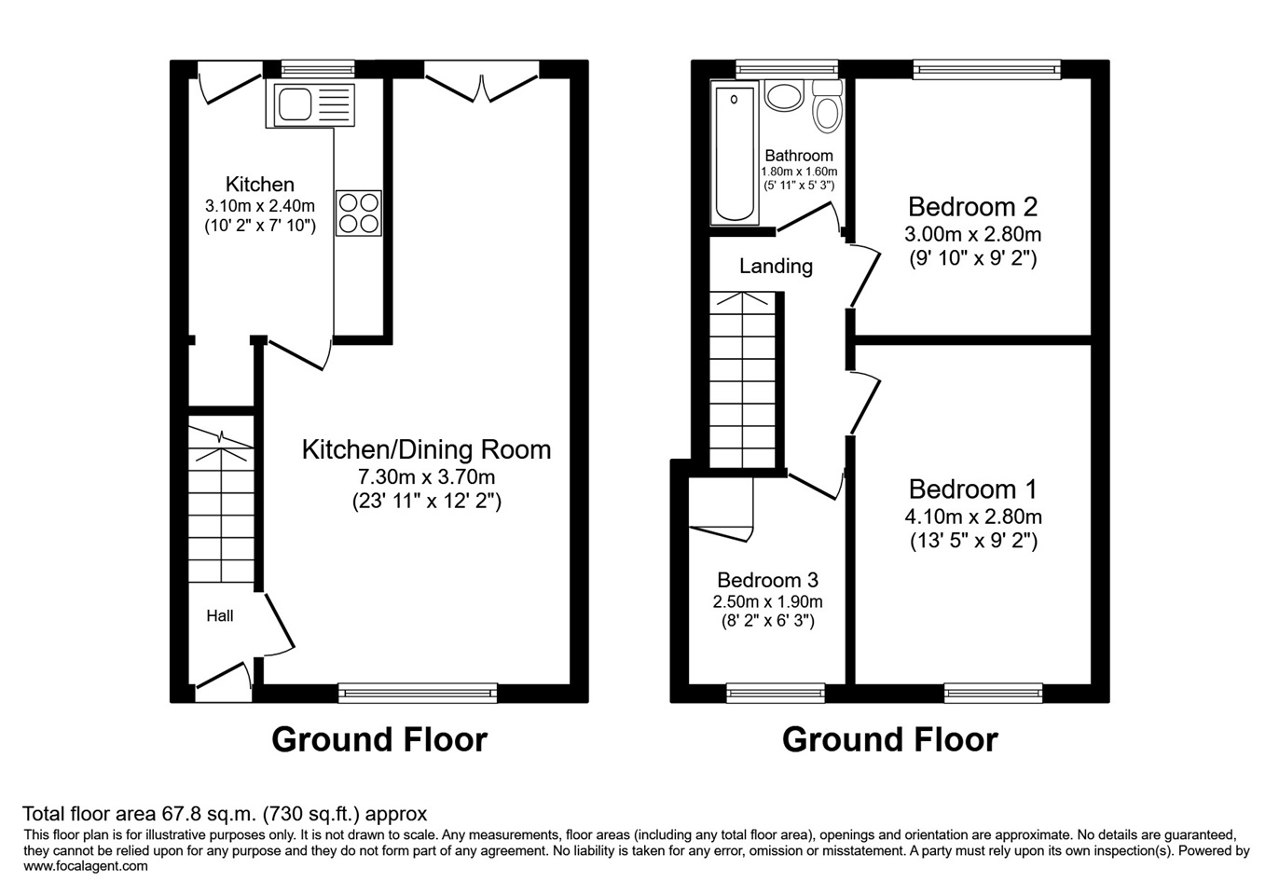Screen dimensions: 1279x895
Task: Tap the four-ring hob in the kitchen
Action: pyautogui.click(x=359, y=213)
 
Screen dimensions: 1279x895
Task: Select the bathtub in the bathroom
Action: pyautogui.click(x=735, y=153)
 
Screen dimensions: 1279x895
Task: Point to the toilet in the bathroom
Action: pyautogui.click(x=828, y=106)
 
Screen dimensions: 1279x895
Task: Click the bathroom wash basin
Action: pyautogui.click(x=785, y=95)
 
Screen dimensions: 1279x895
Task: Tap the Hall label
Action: pyautogui.click(x=220, y=615)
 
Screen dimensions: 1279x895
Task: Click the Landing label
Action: pyautogui.click(x=776, y=266)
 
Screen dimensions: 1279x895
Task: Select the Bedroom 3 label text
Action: pyautogui.click(x=767, y=580)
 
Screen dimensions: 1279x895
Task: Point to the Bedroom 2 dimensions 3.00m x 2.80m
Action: pyautogui.click(x=972, y=234)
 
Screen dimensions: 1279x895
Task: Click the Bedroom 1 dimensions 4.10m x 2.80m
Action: pyautogui.click(x=973, y=516)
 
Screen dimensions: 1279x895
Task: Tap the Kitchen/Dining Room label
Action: pyautogui.click(x=427, y=449)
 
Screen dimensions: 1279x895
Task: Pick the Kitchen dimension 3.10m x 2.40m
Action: pyautogui.click(x=260, y=206)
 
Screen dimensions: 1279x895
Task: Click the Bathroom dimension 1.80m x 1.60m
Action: pyautogui.click(x=799, y=172)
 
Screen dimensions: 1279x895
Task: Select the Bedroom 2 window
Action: pyautogui.click(x=986, y=70)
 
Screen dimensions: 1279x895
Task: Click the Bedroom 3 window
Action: pyautogui.click(x=776, y=693)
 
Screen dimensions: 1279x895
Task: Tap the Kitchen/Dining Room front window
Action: pyautogui.click(x=418, y=693)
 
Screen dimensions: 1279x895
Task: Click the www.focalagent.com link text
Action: pyautogui.click(x=86, y=866)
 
